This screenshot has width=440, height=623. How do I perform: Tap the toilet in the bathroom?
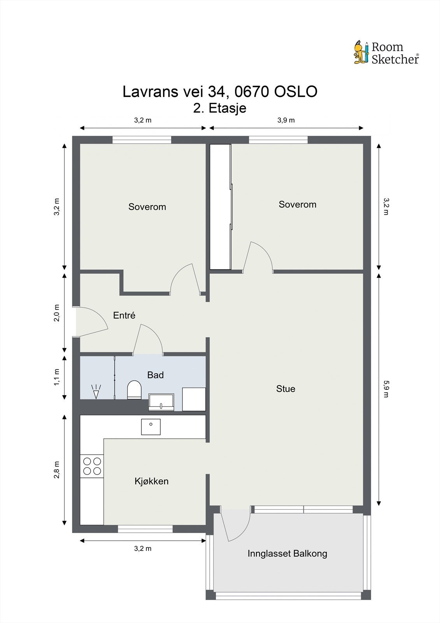(x=134, y=390)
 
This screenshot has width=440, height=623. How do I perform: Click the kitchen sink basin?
(x=151, y=427)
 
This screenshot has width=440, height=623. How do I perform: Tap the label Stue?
(x=286, y=389)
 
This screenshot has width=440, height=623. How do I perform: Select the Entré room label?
(x=124, y=315)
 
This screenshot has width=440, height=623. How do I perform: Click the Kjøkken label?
(x=151, y=481)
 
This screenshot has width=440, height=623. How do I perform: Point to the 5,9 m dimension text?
(x=386, y=389)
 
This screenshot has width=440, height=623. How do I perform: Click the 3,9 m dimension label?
(x=286, y=120)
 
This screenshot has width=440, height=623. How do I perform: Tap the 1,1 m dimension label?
(x=56, y=377)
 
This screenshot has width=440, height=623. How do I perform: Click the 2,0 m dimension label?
(x=56, y=313)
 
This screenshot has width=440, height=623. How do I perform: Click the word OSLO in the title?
(x=296, y=92)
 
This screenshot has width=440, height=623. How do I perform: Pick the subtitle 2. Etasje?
(x=220, y=108)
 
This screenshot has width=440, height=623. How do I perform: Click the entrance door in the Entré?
(x=92, y=322)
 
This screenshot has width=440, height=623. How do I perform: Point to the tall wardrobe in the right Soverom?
(x=221, y=207)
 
